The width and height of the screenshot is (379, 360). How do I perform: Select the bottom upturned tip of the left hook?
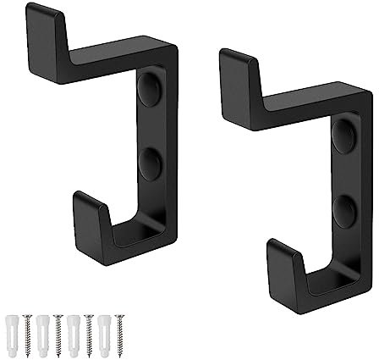pos(88,212)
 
